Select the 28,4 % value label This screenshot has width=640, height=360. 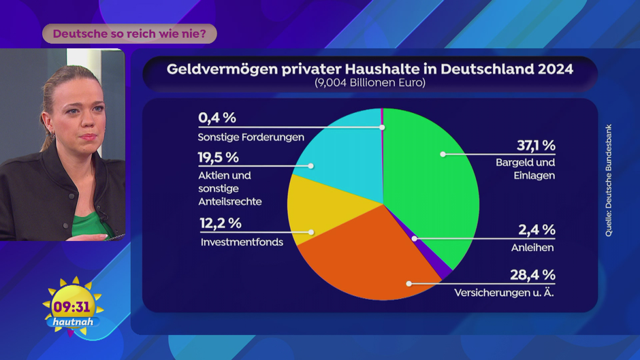533,275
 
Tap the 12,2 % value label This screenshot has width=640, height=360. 220,223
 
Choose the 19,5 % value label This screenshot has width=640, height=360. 219,157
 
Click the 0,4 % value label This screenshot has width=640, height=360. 217,118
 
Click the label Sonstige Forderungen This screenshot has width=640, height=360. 251,137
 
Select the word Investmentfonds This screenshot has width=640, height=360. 242,242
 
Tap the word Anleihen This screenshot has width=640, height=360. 532,248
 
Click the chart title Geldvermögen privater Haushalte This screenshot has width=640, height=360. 370,69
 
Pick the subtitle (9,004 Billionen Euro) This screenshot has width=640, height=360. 370,83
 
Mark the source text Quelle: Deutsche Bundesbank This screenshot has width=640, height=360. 609,181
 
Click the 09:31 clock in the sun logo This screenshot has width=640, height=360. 71,307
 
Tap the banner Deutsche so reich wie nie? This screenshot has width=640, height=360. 129,33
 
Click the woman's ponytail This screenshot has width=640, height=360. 46,116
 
